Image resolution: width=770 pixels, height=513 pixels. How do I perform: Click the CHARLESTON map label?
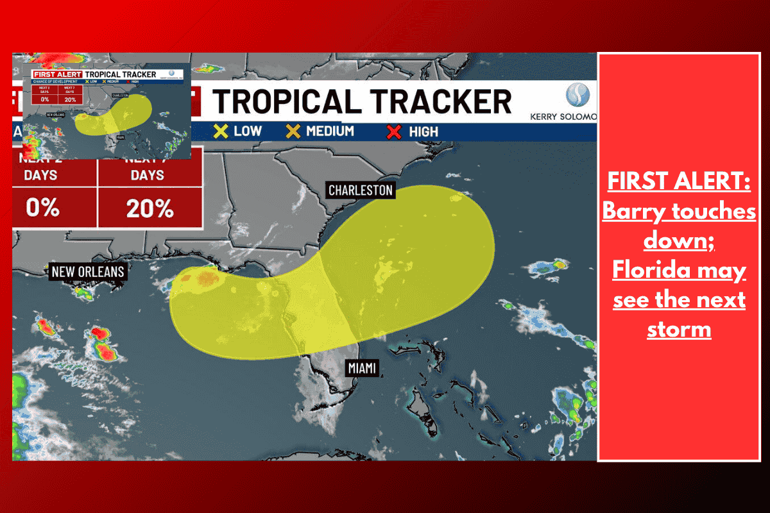point(360,190)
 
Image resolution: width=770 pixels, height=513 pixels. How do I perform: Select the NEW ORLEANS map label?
point(88,272)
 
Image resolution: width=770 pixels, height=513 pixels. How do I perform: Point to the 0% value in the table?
point(42,208)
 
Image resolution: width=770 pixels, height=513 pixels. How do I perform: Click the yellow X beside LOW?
point(221,131)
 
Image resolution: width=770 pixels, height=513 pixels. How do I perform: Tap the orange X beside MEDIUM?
point(293,131)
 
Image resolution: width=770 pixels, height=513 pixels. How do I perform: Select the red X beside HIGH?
point(395,132)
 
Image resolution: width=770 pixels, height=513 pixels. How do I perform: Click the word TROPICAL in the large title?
point(288,101)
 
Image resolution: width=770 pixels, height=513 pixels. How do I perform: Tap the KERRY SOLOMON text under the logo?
point(563,117)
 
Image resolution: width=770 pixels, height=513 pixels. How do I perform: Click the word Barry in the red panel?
point(633,211)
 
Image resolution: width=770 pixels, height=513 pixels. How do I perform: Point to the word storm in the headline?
point(679,329)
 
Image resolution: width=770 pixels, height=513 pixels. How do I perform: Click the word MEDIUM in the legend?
point(330,131)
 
